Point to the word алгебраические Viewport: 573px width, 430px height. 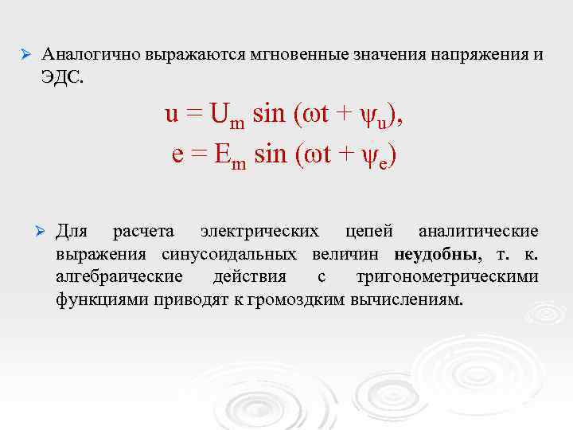pyautogui.click(x=119, y=277)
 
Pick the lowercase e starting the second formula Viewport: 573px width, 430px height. pyautogui.click(x=178, y=153)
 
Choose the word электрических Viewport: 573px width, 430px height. pyautogui.click(x=259, y=232)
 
